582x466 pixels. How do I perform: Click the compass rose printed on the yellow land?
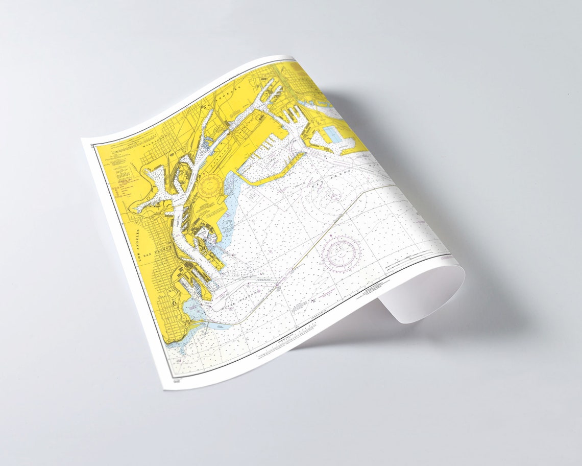point(211,185)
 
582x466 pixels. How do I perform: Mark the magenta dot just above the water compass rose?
point(331,235)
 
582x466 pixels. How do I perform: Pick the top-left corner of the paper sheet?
point(82,139)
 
